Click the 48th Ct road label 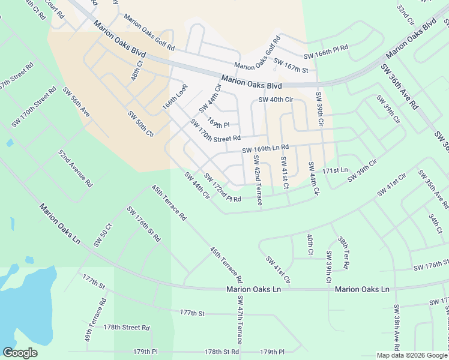click(x=138, y=70)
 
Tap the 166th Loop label click(x=175, y=97)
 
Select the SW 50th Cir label click(x=140, y=124)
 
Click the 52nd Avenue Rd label click(x=75, y=167)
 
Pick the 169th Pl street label click(x=219, y=121)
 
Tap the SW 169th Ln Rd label click(x=265, y=148)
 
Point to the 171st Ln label click(x=335, y=170)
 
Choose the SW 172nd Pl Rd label click(x=222, y=188)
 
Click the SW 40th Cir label click(x=276, y=100)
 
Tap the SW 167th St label click(x=291, y=65)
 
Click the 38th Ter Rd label click(x=344, y=251)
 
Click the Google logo click(x=20, y=352)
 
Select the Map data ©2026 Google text click(x=411, y=355)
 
